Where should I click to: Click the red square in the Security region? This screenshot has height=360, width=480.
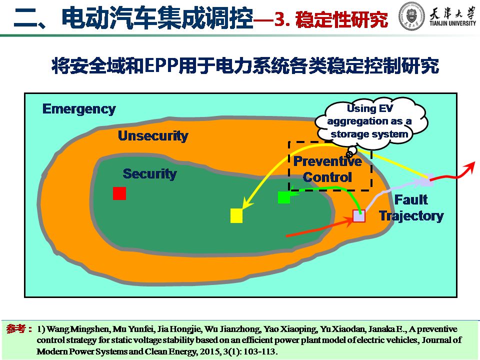point(119,193)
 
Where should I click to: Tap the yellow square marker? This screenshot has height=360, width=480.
point(236,215)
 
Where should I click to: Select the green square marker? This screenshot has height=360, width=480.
point(284,197)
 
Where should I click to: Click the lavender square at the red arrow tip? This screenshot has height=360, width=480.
point(359,216)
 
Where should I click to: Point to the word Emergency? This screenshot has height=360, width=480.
point(79,109)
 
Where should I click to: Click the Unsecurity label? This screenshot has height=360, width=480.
point(153,135)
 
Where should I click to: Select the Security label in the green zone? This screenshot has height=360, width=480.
point(149,173)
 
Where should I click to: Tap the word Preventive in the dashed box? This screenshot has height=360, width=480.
point(327,161)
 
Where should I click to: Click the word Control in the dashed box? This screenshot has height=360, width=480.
point(327,177)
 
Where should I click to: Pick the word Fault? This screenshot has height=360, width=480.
point(411,199)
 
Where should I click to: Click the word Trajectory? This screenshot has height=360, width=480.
point(411,216)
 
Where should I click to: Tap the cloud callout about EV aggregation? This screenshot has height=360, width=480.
point(370,122)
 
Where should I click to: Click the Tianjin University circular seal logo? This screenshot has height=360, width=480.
point(412,16)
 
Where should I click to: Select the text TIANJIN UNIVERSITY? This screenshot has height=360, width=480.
point(453,23)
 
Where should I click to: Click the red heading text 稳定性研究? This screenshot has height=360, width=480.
point(341,19)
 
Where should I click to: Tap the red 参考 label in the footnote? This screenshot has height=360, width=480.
point(16,329)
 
